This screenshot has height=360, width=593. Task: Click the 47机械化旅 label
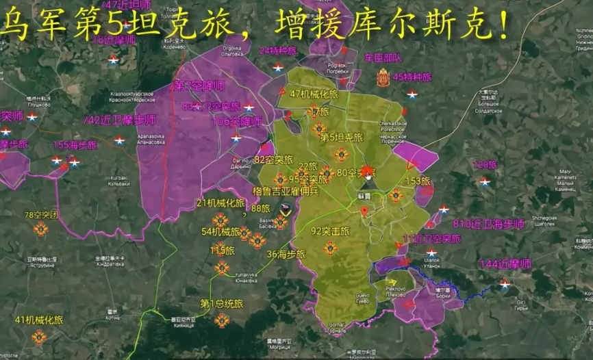(314, 94)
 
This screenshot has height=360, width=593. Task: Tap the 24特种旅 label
(278, 51)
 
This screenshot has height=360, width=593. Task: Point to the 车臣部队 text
(383, 58)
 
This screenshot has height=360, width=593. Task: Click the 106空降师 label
(237, 122)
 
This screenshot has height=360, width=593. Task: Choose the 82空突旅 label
(273, 160)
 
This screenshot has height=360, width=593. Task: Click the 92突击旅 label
(330, 231)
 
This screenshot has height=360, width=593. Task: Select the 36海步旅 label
(285, 254)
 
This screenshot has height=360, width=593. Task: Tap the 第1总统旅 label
(222, 303)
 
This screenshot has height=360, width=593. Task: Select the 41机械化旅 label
(39, 320)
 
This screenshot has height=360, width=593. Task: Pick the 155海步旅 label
(75, 145)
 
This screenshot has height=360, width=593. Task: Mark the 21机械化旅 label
(220, 203)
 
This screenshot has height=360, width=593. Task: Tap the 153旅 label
(417, 181)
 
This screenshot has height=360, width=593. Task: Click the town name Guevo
(362, 295)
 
